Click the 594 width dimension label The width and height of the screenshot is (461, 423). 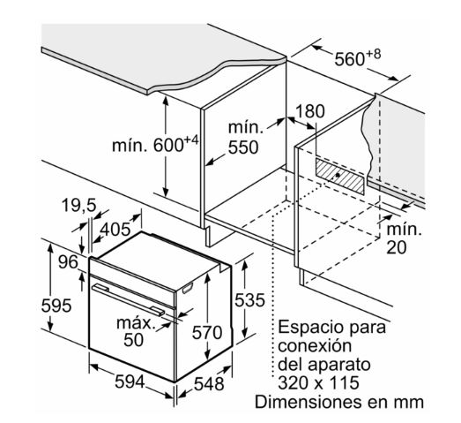pos(130,382)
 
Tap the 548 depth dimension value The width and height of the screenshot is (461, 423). pos(209,384)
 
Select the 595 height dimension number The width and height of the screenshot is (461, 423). pos(56,306)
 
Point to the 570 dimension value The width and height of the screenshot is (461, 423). pos(207,333)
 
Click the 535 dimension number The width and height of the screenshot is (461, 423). pos(249,300)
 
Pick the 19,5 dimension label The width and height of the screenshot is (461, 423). pos(78,205)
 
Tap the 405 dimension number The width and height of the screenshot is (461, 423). pos(115,229)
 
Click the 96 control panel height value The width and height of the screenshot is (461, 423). pos(68,262)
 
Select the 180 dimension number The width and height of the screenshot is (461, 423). pos(310,111)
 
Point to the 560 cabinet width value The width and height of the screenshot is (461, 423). pos(350,59)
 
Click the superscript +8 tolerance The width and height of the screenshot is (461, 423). pos(374,54)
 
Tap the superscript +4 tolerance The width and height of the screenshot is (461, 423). pos(191,140)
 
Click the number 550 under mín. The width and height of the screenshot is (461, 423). pos(243,147)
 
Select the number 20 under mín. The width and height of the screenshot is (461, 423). pos(397,247)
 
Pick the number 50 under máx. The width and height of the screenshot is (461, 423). pos(133,340)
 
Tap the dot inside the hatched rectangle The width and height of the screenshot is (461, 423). pos(338,175)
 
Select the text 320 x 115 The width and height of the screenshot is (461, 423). pos(318,382)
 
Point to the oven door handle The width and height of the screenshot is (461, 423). pos(128,299)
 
